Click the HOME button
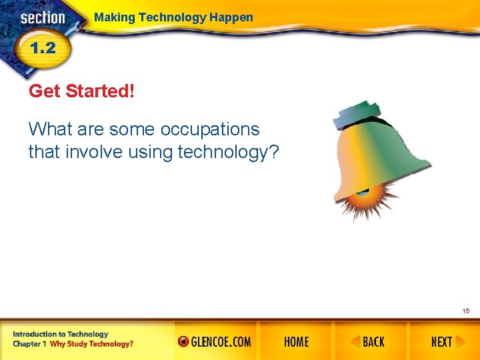pos(296,342)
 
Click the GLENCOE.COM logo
pos(215,342)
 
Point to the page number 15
pos(465,311)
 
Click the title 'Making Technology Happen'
pos(173,17)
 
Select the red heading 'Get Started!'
pos(81,91)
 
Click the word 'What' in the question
pos(50,129)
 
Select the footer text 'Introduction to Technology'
pos(60,334)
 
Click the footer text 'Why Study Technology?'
pos(91,344)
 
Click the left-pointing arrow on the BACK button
pos(355,342)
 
